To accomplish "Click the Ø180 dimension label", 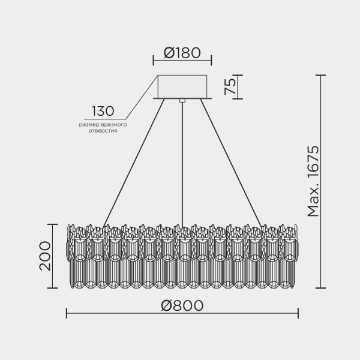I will tap(182, 53).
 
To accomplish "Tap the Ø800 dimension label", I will tap(182, 305).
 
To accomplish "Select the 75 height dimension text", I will tap(229, 86).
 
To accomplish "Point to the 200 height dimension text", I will tap(45, 256).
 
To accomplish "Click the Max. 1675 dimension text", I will tap(313, 181).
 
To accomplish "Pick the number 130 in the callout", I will tap(103, 112).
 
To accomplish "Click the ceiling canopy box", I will tap(182, 85).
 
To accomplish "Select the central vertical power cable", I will tap(182, 162).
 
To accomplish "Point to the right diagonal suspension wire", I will tap(231, 162).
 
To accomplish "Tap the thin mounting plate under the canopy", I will tap(182, 98).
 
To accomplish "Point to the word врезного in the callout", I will tap(113, 124).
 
